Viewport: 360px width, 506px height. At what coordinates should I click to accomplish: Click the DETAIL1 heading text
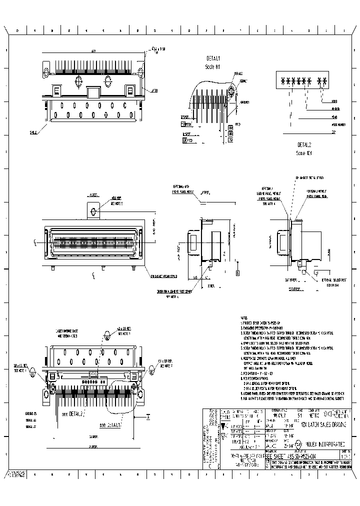point(213,58)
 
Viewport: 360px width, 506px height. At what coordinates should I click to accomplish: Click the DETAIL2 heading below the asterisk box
point(303,145)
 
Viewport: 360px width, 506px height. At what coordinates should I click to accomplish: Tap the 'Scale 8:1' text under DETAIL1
point(212,66)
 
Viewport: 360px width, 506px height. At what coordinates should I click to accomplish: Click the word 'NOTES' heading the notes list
point(244,318)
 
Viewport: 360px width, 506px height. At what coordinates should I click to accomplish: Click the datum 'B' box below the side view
point(237,273)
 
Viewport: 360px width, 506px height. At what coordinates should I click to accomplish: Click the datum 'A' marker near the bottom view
point(148,416)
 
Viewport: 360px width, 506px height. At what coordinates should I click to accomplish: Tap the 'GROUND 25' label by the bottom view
point(31,414)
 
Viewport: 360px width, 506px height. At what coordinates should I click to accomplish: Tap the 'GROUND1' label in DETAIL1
point(245,102)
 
